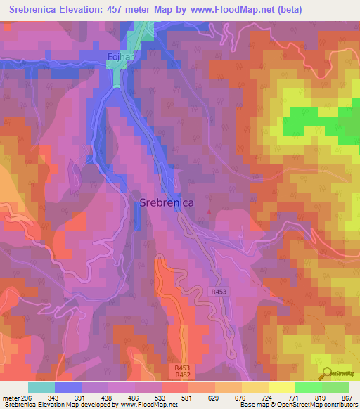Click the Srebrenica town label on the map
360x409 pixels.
167,202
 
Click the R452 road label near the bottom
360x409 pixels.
182,375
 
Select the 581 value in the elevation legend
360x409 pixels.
188,398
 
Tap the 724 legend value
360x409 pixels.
268,398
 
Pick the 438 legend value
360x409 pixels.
108,398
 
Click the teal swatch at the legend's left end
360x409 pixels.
41,387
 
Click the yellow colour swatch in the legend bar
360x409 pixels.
281,387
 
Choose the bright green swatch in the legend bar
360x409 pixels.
308,387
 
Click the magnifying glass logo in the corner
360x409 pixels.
326,374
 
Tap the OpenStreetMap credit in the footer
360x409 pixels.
303,405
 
